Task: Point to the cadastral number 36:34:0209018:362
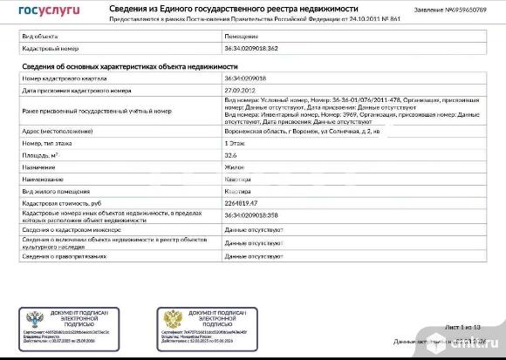point(252,49)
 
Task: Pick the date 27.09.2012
point(238,89)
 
